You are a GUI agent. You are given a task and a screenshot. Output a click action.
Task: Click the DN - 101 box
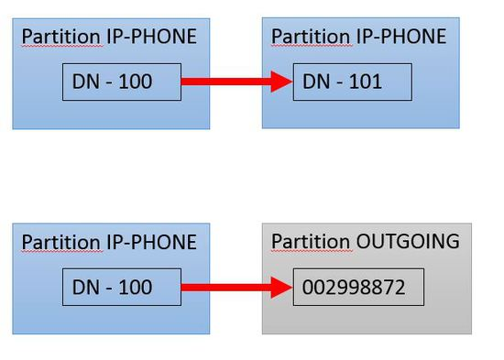[x=353, y=82]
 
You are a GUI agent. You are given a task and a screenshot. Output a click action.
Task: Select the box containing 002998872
[x=358, y=287]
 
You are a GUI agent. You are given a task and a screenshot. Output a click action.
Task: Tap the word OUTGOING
[x=408, y=241]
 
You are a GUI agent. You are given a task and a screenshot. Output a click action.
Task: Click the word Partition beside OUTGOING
[x=312, y=242]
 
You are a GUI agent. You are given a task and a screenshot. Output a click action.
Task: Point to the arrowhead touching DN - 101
[x=281, y=82]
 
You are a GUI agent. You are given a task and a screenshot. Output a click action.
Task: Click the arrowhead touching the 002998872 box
[x=281, y=288]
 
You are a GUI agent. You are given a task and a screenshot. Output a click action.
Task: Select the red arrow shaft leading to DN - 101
[x=226, y=82]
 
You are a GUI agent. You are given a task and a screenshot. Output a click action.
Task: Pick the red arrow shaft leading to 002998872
[x=226, y=288]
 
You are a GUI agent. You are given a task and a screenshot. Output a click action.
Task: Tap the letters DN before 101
[x=317, y=82]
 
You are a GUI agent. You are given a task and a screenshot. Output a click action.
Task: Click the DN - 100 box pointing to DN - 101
[x=122, y=82]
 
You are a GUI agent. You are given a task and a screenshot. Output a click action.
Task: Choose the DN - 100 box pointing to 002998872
[x=122, y=287]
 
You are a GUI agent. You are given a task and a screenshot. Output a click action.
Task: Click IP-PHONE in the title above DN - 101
[x=401, y=36]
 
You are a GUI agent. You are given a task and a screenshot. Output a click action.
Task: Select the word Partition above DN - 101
[x=312, y=37]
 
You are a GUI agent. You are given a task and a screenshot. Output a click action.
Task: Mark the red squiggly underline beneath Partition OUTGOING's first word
[x=312, y=251]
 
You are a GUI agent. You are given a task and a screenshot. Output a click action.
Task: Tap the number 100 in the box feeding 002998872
[x=136, y=287]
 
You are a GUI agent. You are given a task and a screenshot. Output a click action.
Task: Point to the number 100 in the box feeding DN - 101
[x=136, y=82]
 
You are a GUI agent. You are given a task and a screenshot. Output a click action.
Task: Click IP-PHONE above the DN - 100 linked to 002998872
[x=151, y=242]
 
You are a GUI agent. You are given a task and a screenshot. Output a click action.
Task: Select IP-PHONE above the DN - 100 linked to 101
[x=151, y=36]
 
